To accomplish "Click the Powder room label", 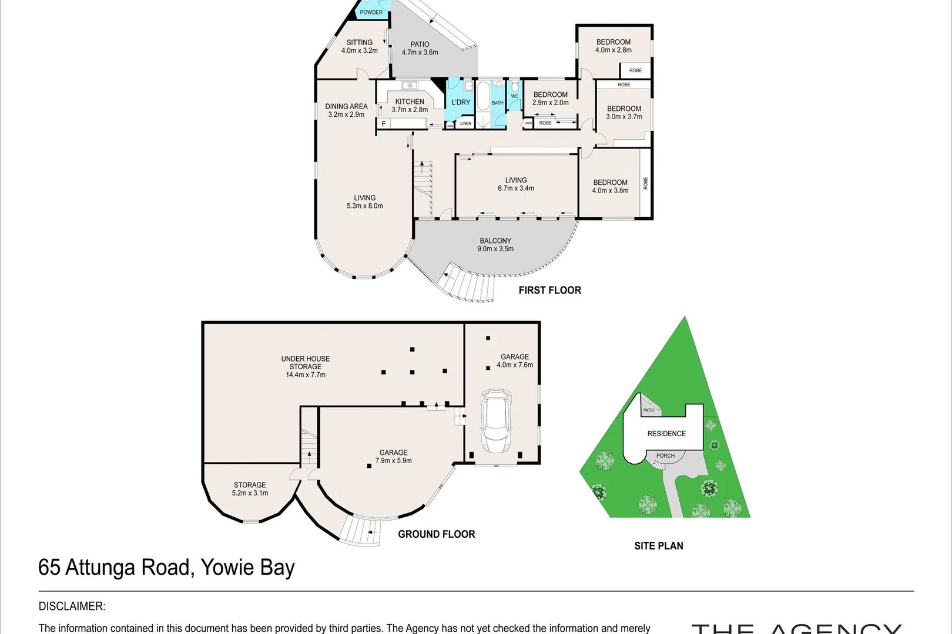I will (371, 12).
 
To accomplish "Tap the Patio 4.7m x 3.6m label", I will (420, 48).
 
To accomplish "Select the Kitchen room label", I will (410, 105).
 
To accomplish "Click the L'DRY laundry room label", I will (461, 102).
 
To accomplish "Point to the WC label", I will (515, 96).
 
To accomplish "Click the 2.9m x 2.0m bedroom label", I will (551, 98).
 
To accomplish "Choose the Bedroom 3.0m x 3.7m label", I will (624, 112).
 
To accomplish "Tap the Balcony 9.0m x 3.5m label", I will (495, 244).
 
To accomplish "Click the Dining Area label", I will (346, 110).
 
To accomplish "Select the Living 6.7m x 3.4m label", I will (516, 184).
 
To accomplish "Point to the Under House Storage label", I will (306, 366).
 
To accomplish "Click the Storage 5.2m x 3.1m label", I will (250, 488).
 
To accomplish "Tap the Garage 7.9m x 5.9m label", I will (393, 456).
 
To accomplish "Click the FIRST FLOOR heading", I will (549, 290).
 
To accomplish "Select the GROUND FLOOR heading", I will (436, 534).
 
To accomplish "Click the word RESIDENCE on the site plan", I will (666, 434).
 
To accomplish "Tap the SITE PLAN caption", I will (658, 546).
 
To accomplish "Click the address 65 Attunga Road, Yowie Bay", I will (166, 568).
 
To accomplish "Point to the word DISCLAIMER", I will (72, 606).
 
